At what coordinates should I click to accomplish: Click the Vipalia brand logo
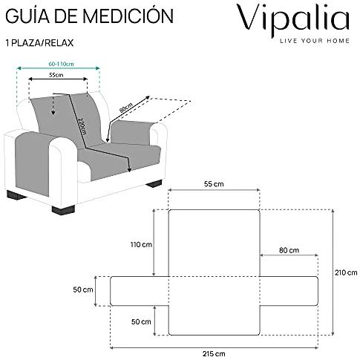(x=293, y=20)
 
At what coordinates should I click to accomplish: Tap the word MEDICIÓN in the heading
(x=128, y=16)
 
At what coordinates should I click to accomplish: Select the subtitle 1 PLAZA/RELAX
(x=39, y=43)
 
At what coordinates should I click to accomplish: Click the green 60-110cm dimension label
(x=61, y=64)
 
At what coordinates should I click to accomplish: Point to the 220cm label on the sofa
(x=82, y=125)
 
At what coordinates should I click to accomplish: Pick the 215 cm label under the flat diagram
(x=214, y=354)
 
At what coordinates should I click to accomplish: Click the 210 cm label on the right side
(x=346, y=272)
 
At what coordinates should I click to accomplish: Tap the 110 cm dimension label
(x=141, y=245)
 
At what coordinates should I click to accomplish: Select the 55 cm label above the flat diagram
(x=214, y=184)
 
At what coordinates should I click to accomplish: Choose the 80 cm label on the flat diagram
(x=289, y=250)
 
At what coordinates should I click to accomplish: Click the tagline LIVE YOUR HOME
(x=315, y=41)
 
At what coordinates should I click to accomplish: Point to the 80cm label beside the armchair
(x=126, y=108)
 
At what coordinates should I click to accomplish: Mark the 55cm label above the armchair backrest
(x=56, y=75)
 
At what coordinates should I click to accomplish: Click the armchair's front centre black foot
(x=63, y=209)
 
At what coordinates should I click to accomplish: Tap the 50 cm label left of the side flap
(x=83, y=289)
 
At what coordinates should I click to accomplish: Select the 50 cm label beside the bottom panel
(x=141, y=321)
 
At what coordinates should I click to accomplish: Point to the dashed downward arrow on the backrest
(x=53, y=104)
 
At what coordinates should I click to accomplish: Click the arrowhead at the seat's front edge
(x=129, y=169)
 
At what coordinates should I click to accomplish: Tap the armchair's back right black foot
(x=154, y=183)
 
